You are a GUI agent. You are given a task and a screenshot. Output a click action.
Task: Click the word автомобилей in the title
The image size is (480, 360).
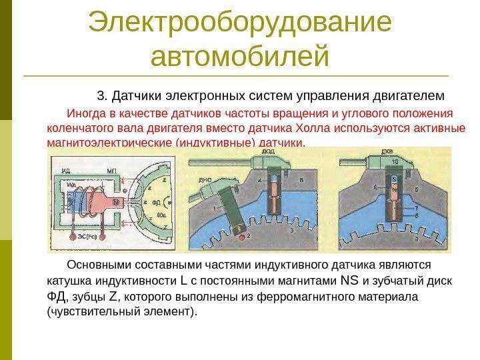[240, 56]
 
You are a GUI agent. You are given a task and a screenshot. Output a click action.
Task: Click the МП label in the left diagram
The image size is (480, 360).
[111, 171]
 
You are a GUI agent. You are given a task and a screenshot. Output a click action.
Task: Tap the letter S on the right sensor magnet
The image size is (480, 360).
[394, 179]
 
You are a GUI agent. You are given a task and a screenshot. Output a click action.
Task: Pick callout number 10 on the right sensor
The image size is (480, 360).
[395, 162]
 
